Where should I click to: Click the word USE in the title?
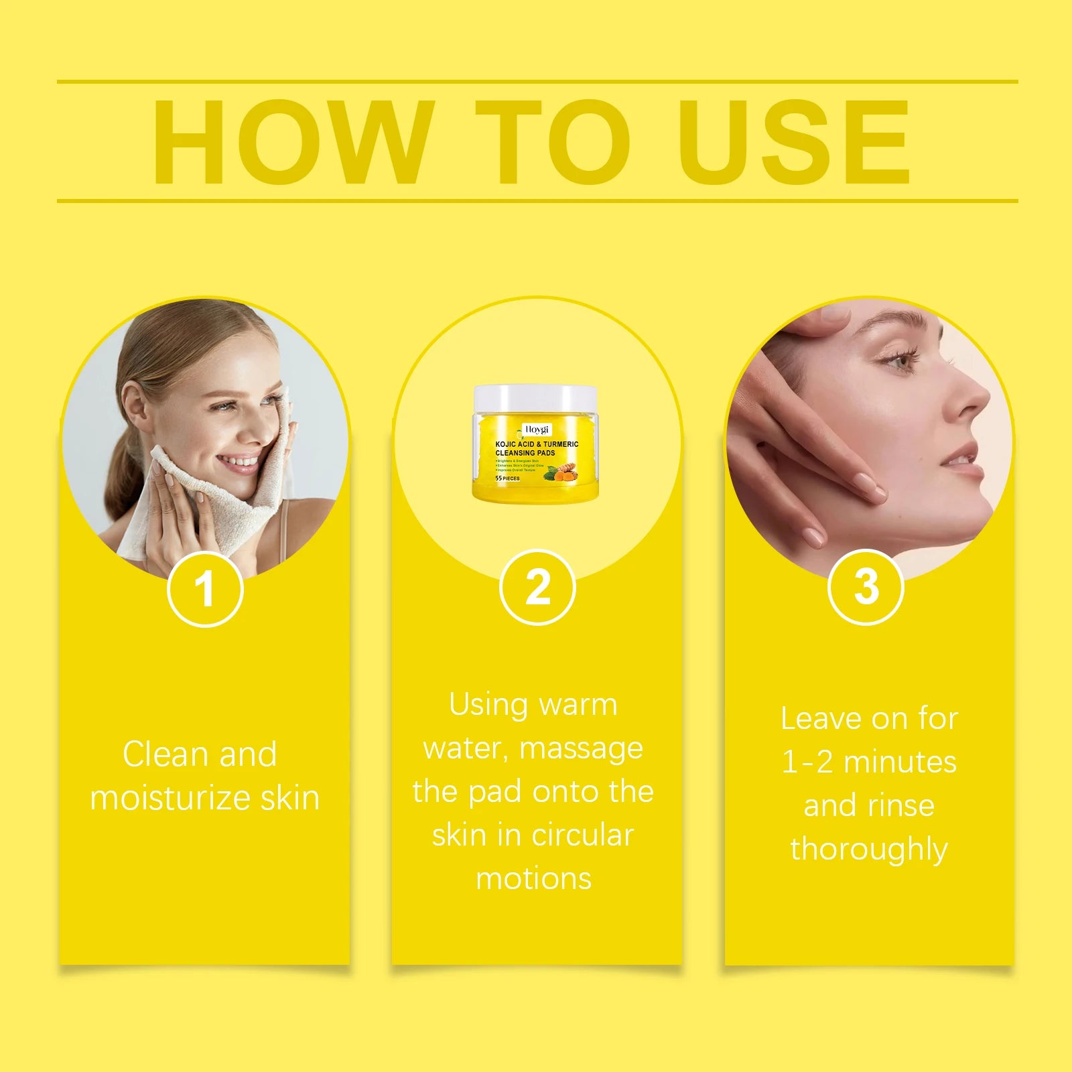(x=794, y=142)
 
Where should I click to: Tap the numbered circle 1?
(x=204, y=589)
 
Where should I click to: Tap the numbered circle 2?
(x=537, y=588)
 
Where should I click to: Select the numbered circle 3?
(x=866, y=587)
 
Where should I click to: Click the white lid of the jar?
(x=535, y=398)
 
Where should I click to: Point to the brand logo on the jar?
(x=536, y=429)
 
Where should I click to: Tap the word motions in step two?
(x=534, y=879)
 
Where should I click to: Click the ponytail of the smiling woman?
(x=118, y=469)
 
